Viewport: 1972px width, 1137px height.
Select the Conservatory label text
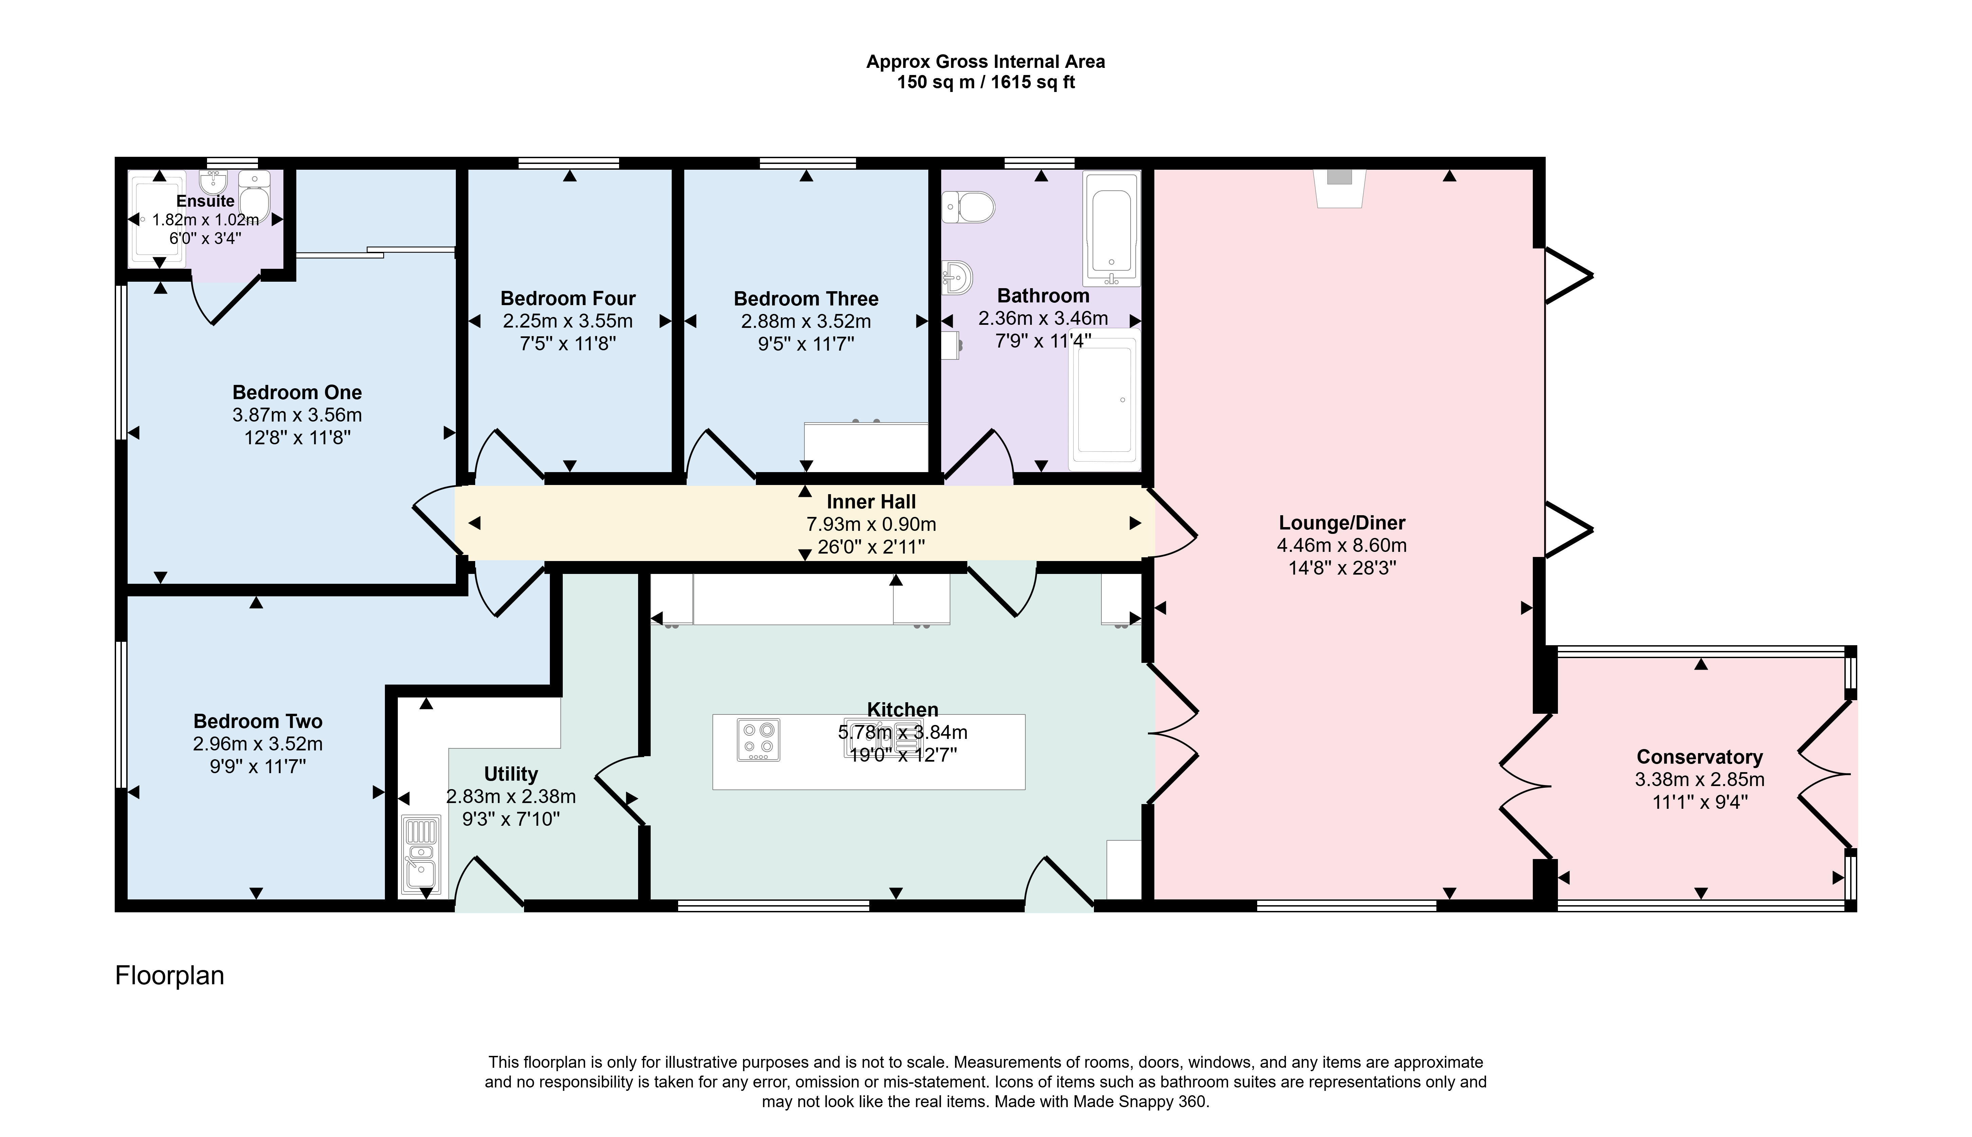[x=1699, y=757]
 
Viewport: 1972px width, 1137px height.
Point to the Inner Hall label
[x=871, y=501]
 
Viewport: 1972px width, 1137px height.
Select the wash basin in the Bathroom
[x=957, y=276]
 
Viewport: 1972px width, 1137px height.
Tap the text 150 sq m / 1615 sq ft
[x=985, y=82]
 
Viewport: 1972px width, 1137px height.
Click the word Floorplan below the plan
[x=169, y=975]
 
